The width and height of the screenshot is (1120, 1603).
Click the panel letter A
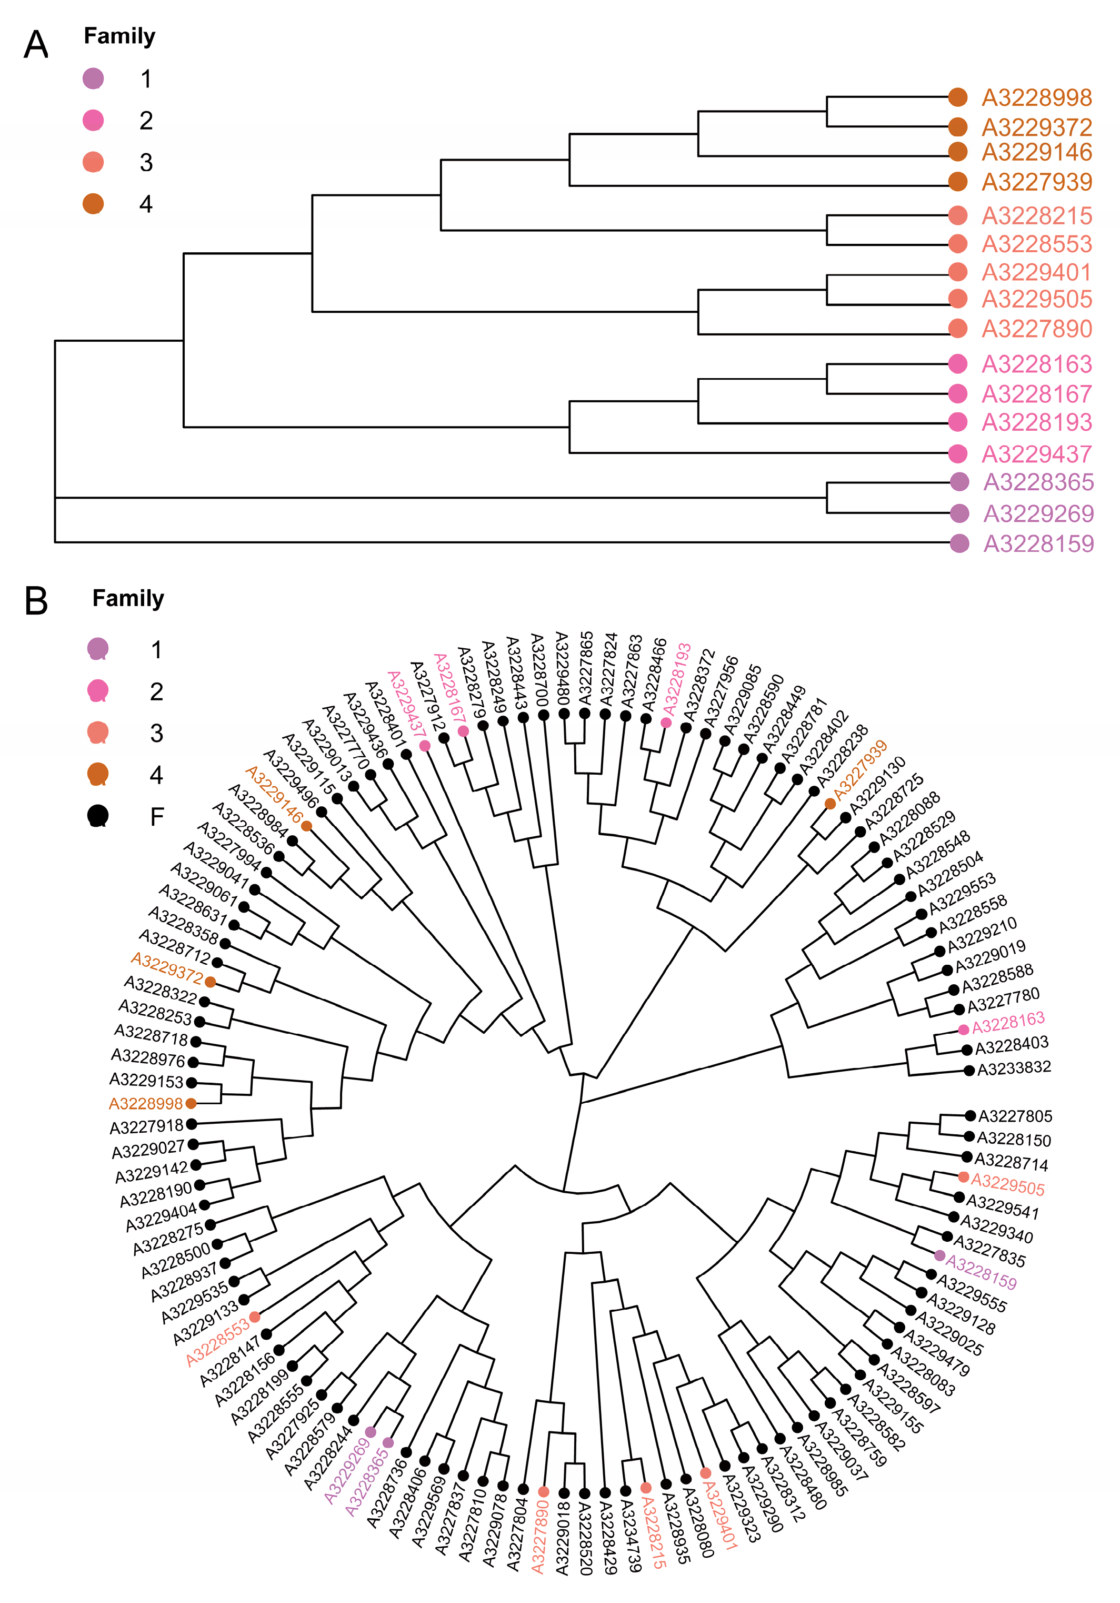tap(36, 45)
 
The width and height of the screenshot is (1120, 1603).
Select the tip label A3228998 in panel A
tap(1036, 98)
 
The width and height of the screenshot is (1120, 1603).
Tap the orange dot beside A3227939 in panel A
tap(958, 182)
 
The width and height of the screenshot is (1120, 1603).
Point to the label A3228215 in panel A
tap(1036, 216)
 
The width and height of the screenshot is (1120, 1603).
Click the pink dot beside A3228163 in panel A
tap(958, 364)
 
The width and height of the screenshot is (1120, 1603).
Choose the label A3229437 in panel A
tap(1036, 454)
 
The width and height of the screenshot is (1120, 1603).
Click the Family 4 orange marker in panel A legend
tap(93, 204)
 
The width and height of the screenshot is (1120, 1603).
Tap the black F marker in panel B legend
tap(98, 816)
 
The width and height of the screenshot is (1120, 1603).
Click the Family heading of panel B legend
tap(128, 598)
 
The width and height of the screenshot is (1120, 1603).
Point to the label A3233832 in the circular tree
tap(1014, 1068)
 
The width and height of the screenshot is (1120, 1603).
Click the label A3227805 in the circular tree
tap(1015, 1116)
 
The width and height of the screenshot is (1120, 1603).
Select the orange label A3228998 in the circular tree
tap(145, 1104)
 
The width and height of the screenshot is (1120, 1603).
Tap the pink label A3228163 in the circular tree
tap(1008, 1024)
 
